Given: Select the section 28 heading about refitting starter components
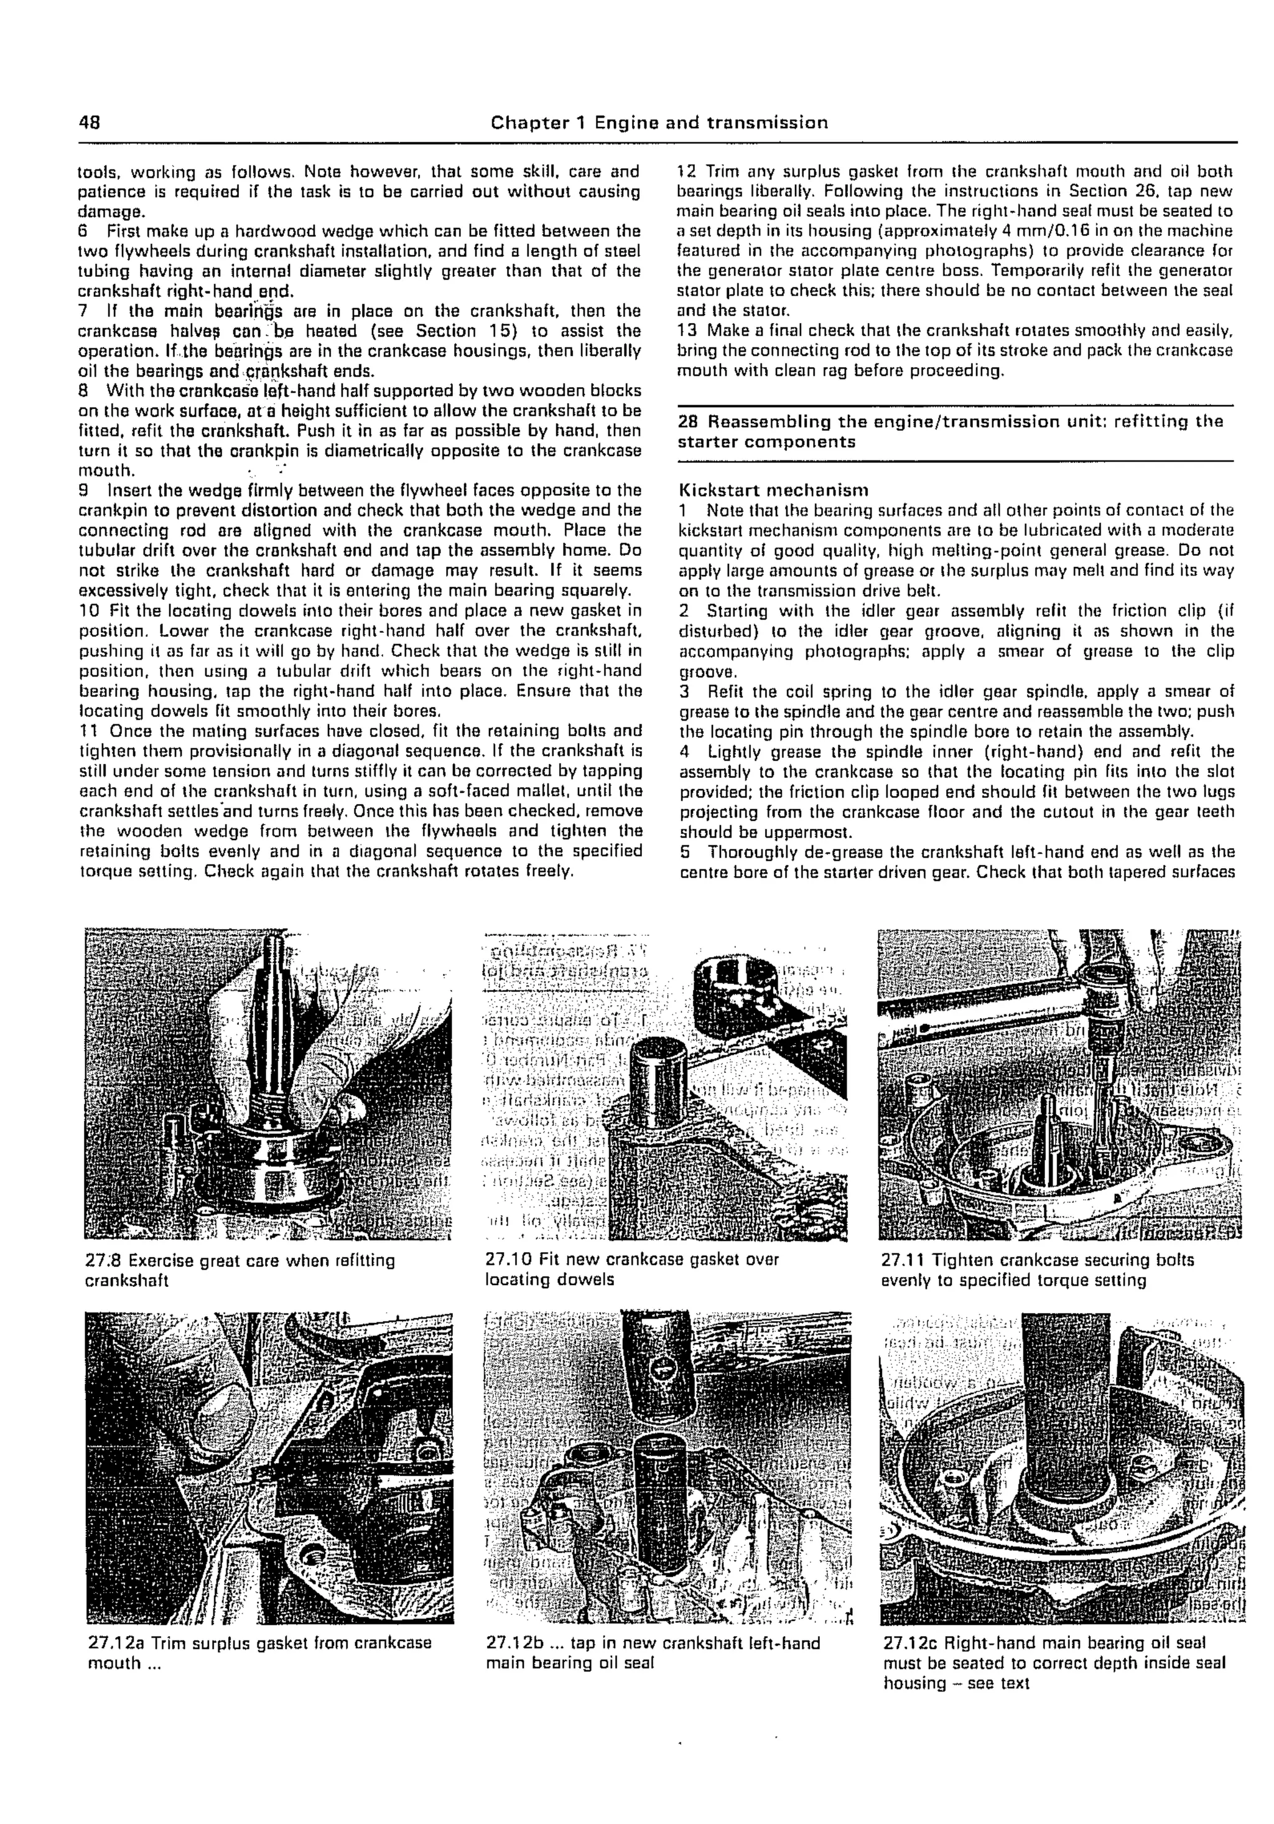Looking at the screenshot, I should click(x=950, y=431).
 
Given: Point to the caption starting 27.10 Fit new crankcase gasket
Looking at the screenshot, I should click(x=631, y=1269).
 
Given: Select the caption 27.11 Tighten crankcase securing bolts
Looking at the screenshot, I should click(x=1036, y=1270).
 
